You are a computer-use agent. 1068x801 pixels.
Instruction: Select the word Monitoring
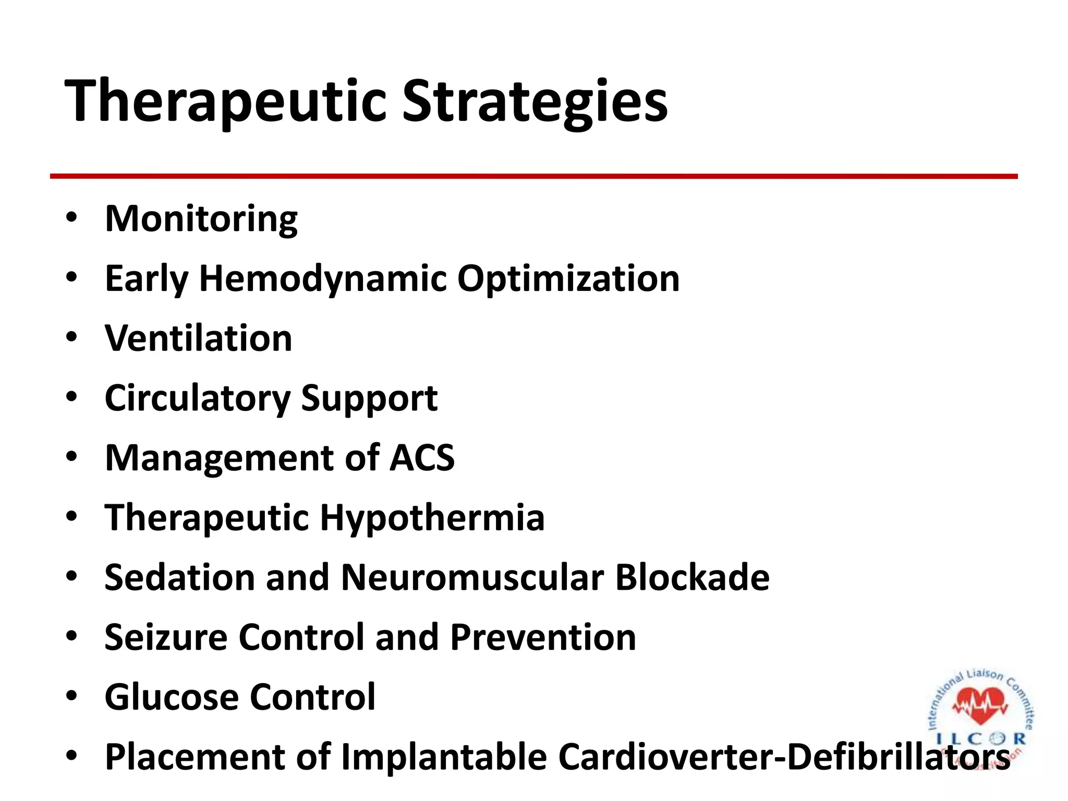pos(201,219)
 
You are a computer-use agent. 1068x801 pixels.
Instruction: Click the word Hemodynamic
pos(323,279)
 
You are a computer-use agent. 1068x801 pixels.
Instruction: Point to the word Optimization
pos(568,279)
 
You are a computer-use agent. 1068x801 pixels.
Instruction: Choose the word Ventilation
pos(198,338)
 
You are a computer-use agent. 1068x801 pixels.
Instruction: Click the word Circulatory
pos(197,398)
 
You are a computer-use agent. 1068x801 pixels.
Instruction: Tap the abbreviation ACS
pos(422,458)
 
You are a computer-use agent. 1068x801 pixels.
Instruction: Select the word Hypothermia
pos(432,518)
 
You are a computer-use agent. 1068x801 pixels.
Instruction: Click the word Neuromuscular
pos(472,577)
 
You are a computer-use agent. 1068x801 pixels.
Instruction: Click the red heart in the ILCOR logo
pos(980,704)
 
